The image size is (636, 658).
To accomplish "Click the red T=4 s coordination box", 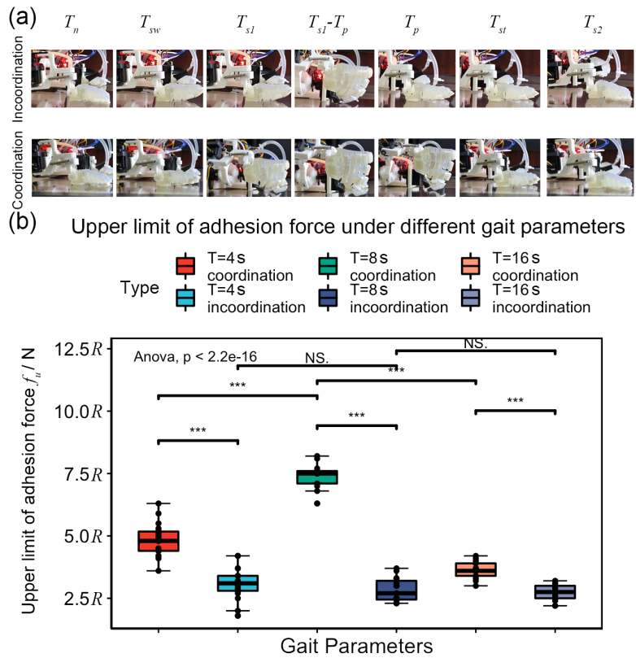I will tap(159, 540).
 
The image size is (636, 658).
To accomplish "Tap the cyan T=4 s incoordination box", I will tap(237, 583).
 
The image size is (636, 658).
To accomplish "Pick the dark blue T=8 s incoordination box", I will tap(396, 590).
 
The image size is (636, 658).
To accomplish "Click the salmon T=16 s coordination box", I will tap(476, 569).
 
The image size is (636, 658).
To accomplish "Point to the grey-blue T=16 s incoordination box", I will tap(555, 591).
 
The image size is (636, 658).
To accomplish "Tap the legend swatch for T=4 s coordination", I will tap(185, 267).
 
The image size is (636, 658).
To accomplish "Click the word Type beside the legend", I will tap(140, 288).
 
